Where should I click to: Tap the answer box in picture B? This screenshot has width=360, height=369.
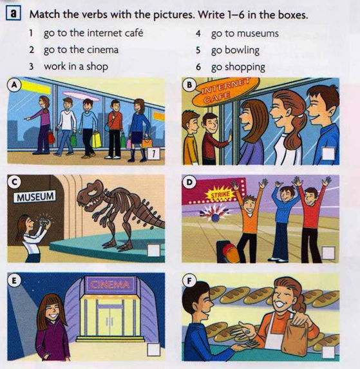(328, 154)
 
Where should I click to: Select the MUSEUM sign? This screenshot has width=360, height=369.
(35, 196)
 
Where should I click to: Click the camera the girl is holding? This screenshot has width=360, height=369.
(43, 221)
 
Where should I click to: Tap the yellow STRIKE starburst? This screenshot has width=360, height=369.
(220, 194)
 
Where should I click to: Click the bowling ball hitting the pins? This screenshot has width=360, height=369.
(216, 218)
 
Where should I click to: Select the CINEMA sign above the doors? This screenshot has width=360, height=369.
(109, 285)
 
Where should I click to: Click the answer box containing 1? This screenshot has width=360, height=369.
(153, 154)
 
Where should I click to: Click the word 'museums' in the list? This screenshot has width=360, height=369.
(258, 33)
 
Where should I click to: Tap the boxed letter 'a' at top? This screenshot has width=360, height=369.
(13, 14)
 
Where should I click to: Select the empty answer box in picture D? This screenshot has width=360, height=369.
(328, 253)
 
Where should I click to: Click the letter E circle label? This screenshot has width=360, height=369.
(14, 281)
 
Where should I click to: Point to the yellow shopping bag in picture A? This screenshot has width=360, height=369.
(97, 140)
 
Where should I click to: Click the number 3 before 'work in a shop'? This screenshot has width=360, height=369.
(32, 66)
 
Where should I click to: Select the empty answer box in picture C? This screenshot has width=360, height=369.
(154, 251)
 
